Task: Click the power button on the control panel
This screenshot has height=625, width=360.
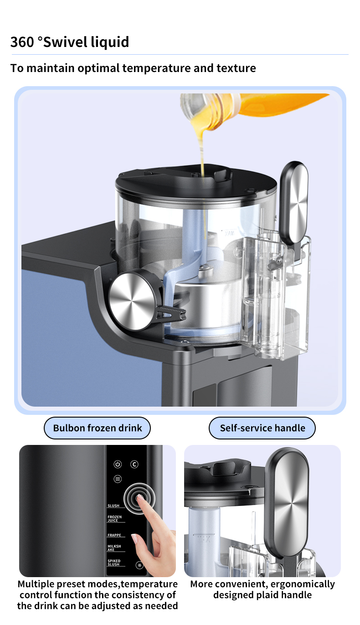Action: (x=118, y=464)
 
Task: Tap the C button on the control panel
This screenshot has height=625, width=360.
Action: (x=134, y=464)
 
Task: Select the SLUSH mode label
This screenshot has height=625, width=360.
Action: (x=113, y=506)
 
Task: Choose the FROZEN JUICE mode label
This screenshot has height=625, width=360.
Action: (x=115, y=519)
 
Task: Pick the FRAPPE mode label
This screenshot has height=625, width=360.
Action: (x=114, y=535)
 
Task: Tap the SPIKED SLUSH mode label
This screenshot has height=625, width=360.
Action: (x=114, y=563)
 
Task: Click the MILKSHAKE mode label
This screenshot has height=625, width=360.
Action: (x=114, y=548)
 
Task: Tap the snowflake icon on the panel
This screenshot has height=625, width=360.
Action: (x=140, y=565)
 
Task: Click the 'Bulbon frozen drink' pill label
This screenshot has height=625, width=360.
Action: (x=98, y=428)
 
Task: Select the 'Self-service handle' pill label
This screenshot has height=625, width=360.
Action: (x=262, y=428)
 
